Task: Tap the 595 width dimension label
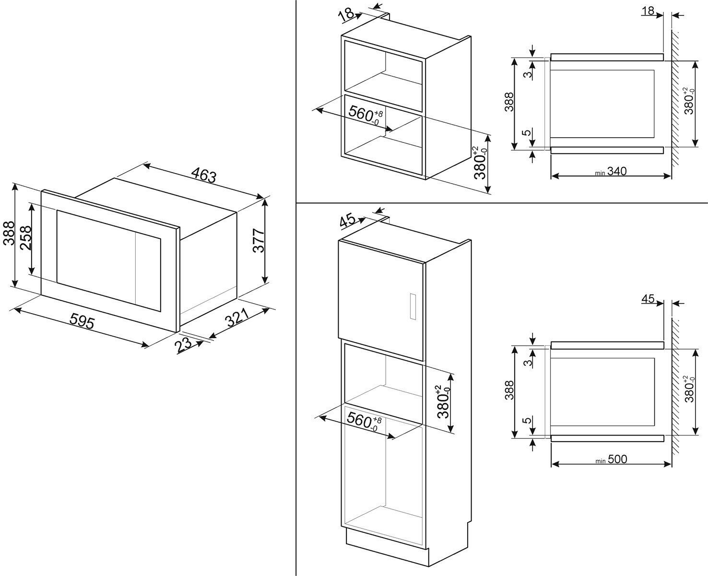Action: coord(82,321)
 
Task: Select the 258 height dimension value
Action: coord(26,237)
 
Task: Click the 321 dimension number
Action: coord(237,318)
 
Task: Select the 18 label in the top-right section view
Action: coord(648,11)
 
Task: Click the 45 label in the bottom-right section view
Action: coord(648,299)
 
